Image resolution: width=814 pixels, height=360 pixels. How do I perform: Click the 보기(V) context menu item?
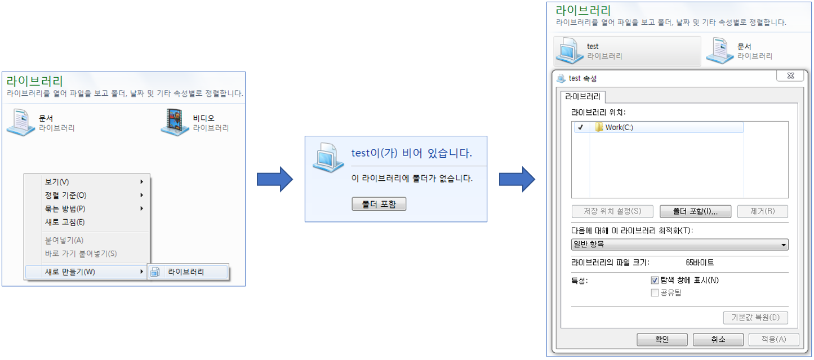pos(57,182)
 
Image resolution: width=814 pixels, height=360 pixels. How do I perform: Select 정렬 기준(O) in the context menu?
pos(65,195)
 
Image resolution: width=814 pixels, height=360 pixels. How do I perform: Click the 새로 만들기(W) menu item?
pos(70,272)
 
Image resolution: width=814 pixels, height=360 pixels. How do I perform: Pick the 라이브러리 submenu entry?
pos(186,272)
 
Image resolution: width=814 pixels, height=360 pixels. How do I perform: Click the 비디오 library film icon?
pos(175,122)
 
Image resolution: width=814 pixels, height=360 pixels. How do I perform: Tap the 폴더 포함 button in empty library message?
pos(379,204)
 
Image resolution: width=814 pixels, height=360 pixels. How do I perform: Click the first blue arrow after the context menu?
pos(275,179)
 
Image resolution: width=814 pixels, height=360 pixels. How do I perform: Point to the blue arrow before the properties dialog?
pos(517,179)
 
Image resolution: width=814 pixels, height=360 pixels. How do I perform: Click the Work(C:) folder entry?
pos(619,127)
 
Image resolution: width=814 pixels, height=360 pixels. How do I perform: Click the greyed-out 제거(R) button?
pos(762,211)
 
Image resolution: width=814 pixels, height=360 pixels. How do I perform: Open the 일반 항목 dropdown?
pos(679,245)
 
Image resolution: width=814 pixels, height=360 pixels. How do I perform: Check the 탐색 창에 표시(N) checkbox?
pos(655,280)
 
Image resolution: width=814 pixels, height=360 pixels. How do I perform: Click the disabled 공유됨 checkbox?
pos(655,292)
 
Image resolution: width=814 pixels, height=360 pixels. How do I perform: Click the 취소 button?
pos(718,340)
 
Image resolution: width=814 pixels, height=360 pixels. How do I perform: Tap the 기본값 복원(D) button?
pos(755,317)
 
